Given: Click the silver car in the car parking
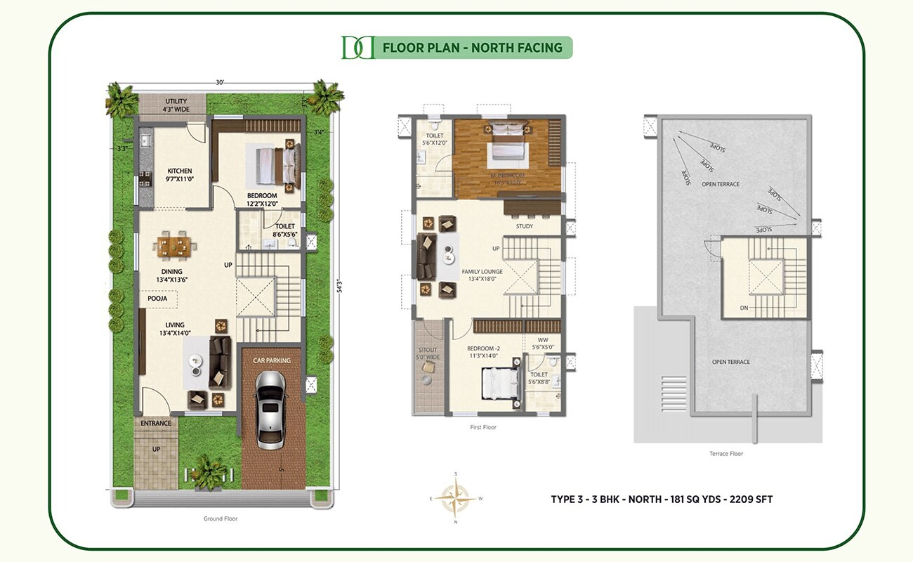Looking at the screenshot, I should pos(270,410).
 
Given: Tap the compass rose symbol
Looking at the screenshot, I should pos(456,497).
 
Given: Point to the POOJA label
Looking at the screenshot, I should pos(157,299).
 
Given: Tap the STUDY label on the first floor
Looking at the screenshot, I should pos(524,226).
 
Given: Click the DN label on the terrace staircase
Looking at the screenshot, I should pos(743,308).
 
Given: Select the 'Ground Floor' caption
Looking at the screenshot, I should pos(221,518).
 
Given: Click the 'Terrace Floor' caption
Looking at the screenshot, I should pos(726,454).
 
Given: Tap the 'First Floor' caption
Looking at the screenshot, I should pos(484,427).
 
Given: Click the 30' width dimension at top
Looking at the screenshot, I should pos(221,83).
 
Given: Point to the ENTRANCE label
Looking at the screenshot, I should pos(156,423).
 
